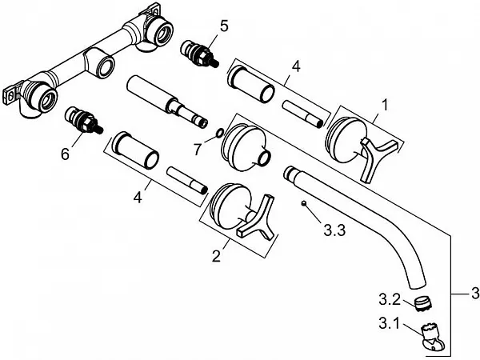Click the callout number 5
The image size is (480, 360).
tap(224, 26)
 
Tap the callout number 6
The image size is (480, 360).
tap(66, 154)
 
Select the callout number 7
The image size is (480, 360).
tap(197, 149)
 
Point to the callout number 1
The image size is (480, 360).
tap(385, 106)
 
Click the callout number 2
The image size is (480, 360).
tap(216, 256)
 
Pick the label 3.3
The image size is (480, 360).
tap(335, 230)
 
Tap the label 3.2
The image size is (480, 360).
tap(390, 299)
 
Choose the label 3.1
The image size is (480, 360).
tap(389, 323)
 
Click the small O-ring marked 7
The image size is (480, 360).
tap(219, 133)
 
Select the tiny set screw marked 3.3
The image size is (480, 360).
tap(304, 203)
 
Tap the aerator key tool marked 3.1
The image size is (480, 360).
tap(433, 337)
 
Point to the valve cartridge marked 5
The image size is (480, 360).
tap(200, 54)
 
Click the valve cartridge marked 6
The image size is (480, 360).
tap(84, 120)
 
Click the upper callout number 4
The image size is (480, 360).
tap(295, 67)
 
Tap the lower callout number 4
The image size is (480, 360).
tap(138, 198)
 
